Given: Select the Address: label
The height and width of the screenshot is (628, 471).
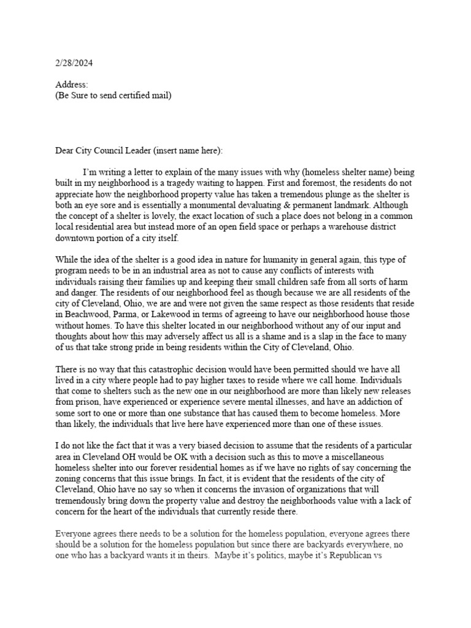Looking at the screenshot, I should [72, 85].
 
